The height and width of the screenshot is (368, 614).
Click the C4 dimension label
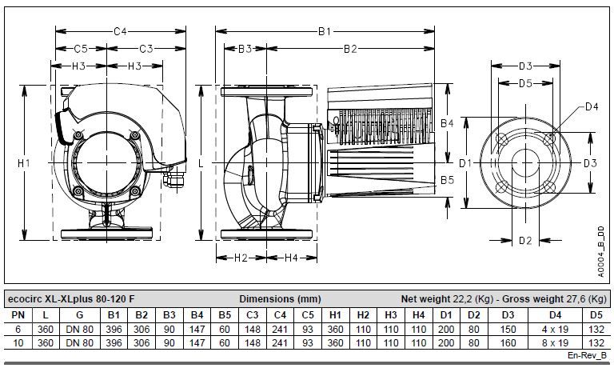pyautogui.click(x=120, y=31)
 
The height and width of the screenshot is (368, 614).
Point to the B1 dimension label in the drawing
pyautogui.click(x=325, y=31)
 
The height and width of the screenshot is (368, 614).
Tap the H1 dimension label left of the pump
pyautogui.click(x=24, y=162)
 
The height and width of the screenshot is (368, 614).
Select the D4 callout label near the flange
pyautogui.click(x=592, y=106)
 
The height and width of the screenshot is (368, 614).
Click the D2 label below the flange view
pyautogui.click(x=525, y=240)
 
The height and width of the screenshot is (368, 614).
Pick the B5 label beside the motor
pyautogui.click(x=447, y=180)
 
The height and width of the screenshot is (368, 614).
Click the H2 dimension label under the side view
pyautogui.click(x=241, y=258)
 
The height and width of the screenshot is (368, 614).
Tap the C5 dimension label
pyautogui.click(x=81, y=49)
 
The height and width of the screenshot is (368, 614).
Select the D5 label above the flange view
pyautogui.click(x=525, y=83)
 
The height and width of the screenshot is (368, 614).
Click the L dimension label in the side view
pyautogui.click(x=201, y=162)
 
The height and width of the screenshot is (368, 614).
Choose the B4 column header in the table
pyautogui.click(x=197, y=315)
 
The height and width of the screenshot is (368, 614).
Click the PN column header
pyautogui.click(x=18, y=315)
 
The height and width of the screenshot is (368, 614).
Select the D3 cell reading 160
pyautogui.click(x=508, y=343)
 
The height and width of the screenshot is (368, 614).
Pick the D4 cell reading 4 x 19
pyautogui.click(x=555, y=330)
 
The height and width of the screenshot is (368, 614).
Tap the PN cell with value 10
pyautogui.click(x=18, y=343)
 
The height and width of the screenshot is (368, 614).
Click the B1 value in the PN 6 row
pyautogui.click(x=114, y=330)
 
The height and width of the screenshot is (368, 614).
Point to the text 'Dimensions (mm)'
pyautogui.click(x=280, y=299)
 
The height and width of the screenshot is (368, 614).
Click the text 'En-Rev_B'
pyautogui.click(x=587, y=355)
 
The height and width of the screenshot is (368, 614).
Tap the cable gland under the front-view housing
pyautogui.click(x=174, y=178)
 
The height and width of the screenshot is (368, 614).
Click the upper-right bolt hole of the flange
pyautogui.click(x=549, y=138)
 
